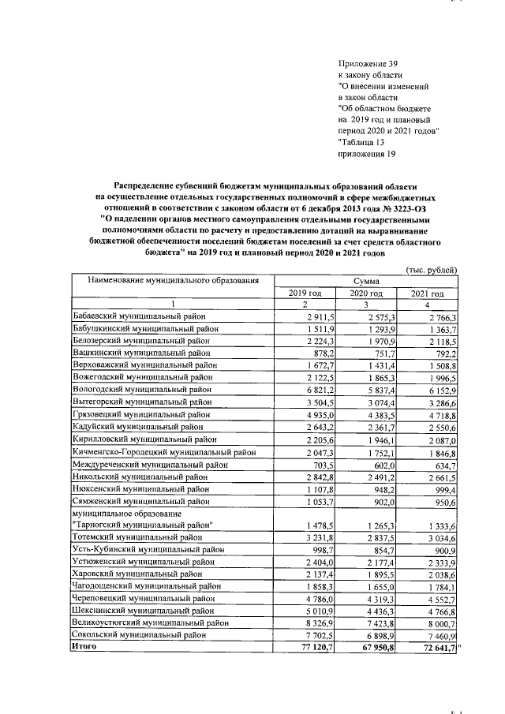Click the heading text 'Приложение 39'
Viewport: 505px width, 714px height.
(x=364, y=63)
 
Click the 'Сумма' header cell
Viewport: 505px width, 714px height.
(x=366, y=281)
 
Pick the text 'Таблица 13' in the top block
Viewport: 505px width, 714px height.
(x=365, y=142)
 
